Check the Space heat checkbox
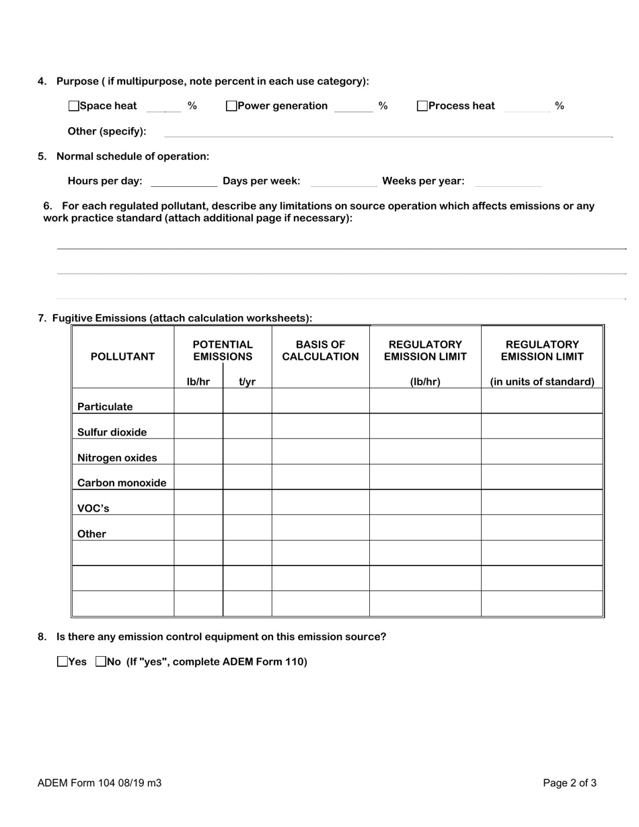point(74,106)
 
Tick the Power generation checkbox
point(231,106)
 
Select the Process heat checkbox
point(422,106)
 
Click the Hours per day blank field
point(184,182)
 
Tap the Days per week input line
point(344,182)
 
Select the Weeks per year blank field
point(507,182)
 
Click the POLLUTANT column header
point(122,357)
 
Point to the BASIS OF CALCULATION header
point(320,351)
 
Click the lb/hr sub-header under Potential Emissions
point(198,382)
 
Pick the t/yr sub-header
point(247,382)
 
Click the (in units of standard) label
point(542,382)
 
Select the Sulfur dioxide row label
point(112,432)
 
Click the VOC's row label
point(93,508)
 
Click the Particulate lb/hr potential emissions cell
point(198,401)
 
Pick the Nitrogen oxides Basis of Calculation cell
point(320,452)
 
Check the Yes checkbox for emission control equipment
point(63,662)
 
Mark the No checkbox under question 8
point(101,662)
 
